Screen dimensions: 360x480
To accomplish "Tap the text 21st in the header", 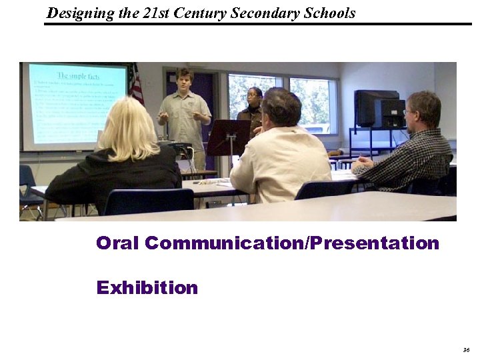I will (155, 13).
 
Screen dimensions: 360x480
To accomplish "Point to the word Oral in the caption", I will (118, 243).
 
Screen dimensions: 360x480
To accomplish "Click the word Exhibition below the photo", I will (147, 288).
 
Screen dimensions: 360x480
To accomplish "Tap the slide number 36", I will (465, 349).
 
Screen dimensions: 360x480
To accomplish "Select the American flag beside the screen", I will (137, 85).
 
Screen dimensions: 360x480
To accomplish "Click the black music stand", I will (228, 137).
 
